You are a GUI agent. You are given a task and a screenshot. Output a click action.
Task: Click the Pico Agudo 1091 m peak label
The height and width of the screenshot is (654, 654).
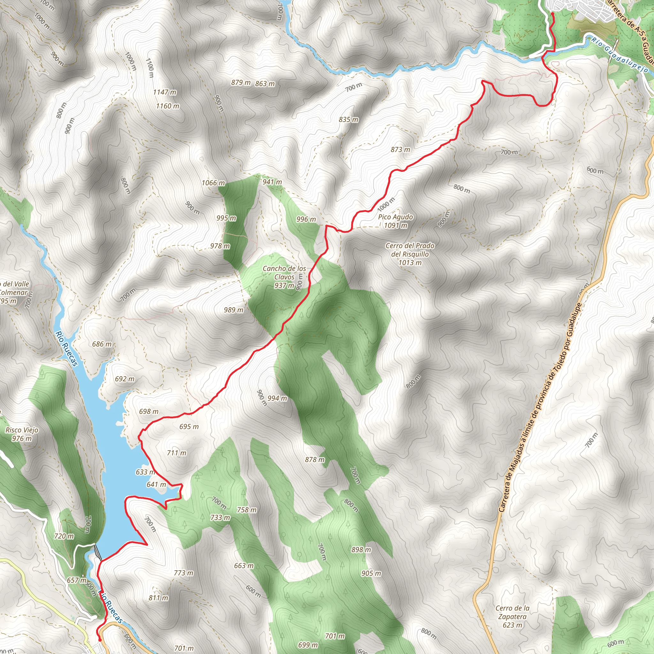click(x=395, y=221)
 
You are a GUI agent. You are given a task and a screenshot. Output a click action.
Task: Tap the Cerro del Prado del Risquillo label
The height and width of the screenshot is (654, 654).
click(x=410, y=254)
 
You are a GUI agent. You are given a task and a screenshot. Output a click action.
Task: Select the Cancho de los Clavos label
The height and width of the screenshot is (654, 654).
click(x=284, y=277)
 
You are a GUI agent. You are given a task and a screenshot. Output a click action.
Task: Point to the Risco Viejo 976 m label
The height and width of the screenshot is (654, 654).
click(x=22, y=434)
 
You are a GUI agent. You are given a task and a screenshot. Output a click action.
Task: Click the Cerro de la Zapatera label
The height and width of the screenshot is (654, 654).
click(x=513, y=616)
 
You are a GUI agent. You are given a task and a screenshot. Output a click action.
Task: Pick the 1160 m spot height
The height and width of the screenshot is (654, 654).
click(x=168, y=106)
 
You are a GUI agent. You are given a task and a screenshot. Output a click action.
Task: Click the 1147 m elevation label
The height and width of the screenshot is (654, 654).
click(x=164, y=92)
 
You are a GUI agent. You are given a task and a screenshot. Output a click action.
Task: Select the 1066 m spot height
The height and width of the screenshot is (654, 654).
click(x=213, y=183)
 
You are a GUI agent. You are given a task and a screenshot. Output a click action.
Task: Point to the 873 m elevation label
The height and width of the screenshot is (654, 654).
click(x=400, y=150)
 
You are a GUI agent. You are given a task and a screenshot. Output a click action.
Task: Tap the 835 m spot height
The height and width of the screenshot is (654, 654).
click(x=348, y=119)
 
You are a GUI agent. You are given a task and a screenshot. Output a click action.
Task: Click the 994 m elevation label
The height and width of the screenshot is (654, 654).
click(x=277, y=399)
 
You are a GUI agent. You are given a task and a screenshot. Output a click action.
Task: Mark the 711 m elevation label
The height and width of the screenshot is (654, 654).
click(x=176, y=453)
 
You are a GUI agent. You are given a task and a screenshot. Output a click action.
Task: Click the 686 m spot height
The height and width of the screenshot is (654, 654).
click(x=102, y=344)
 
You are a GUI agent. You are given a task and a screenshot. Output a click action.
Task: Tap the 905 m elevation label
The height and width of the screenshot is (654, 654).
click(x=371, y=573)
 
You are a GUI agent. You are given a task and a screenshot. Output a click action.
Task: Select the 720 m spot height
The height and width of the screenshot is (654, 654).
click(x=64, y=536)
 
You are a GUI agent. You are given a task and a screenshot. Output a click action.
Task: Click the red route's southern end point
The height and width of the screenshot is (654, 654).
click(x=100, y=640)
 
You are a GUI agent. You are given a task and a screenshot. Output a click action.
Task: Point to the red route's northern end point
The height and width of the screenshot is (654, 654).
click(x=552, y=13)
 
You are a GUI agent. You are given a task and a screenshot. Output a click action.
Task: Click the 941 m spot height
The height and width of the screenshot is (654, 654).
click(x=272, y=182)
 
